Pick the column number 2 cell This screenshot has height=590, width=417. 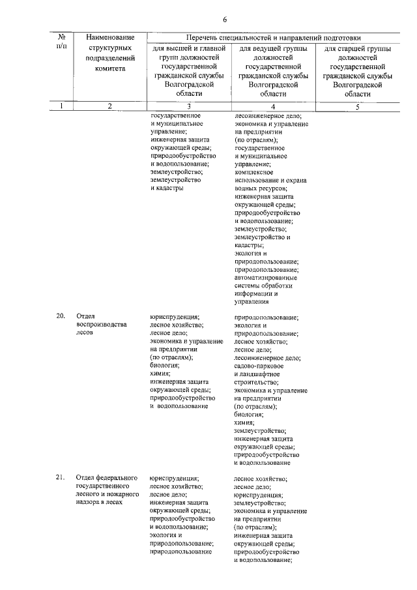click(110, 106)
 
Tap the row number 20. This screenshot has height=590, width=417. click(60, 316)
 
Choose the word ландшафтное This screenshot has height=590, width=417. click(265, 374)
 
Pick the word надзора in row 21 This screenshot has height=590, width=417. click(88, 503)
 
